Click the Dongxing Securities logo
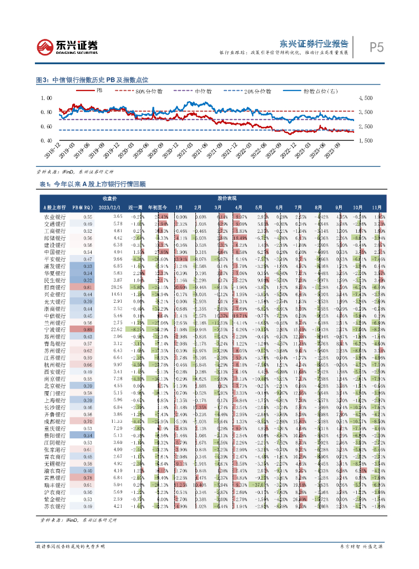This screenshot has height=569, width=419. pyautogui.click(x=67, y=46)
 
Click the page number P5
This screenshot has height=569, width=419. pyautogui.click(x=376, y=48)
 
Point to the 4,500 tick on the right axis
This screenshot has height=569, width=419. pyautogui.click(x=369, y=98)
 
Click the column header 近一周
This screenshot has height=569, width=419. pyautogui.click(x=134, y=207)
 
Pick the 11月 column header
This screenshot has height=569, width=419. pyautogui.click(x=377, y=207)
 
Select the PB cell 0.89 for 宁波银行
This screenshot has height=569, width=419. pyautogui.click(x=88, y=330)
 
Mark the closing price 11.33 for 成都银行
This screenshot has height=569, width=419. pyautogui.click(x=116, y=422)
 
